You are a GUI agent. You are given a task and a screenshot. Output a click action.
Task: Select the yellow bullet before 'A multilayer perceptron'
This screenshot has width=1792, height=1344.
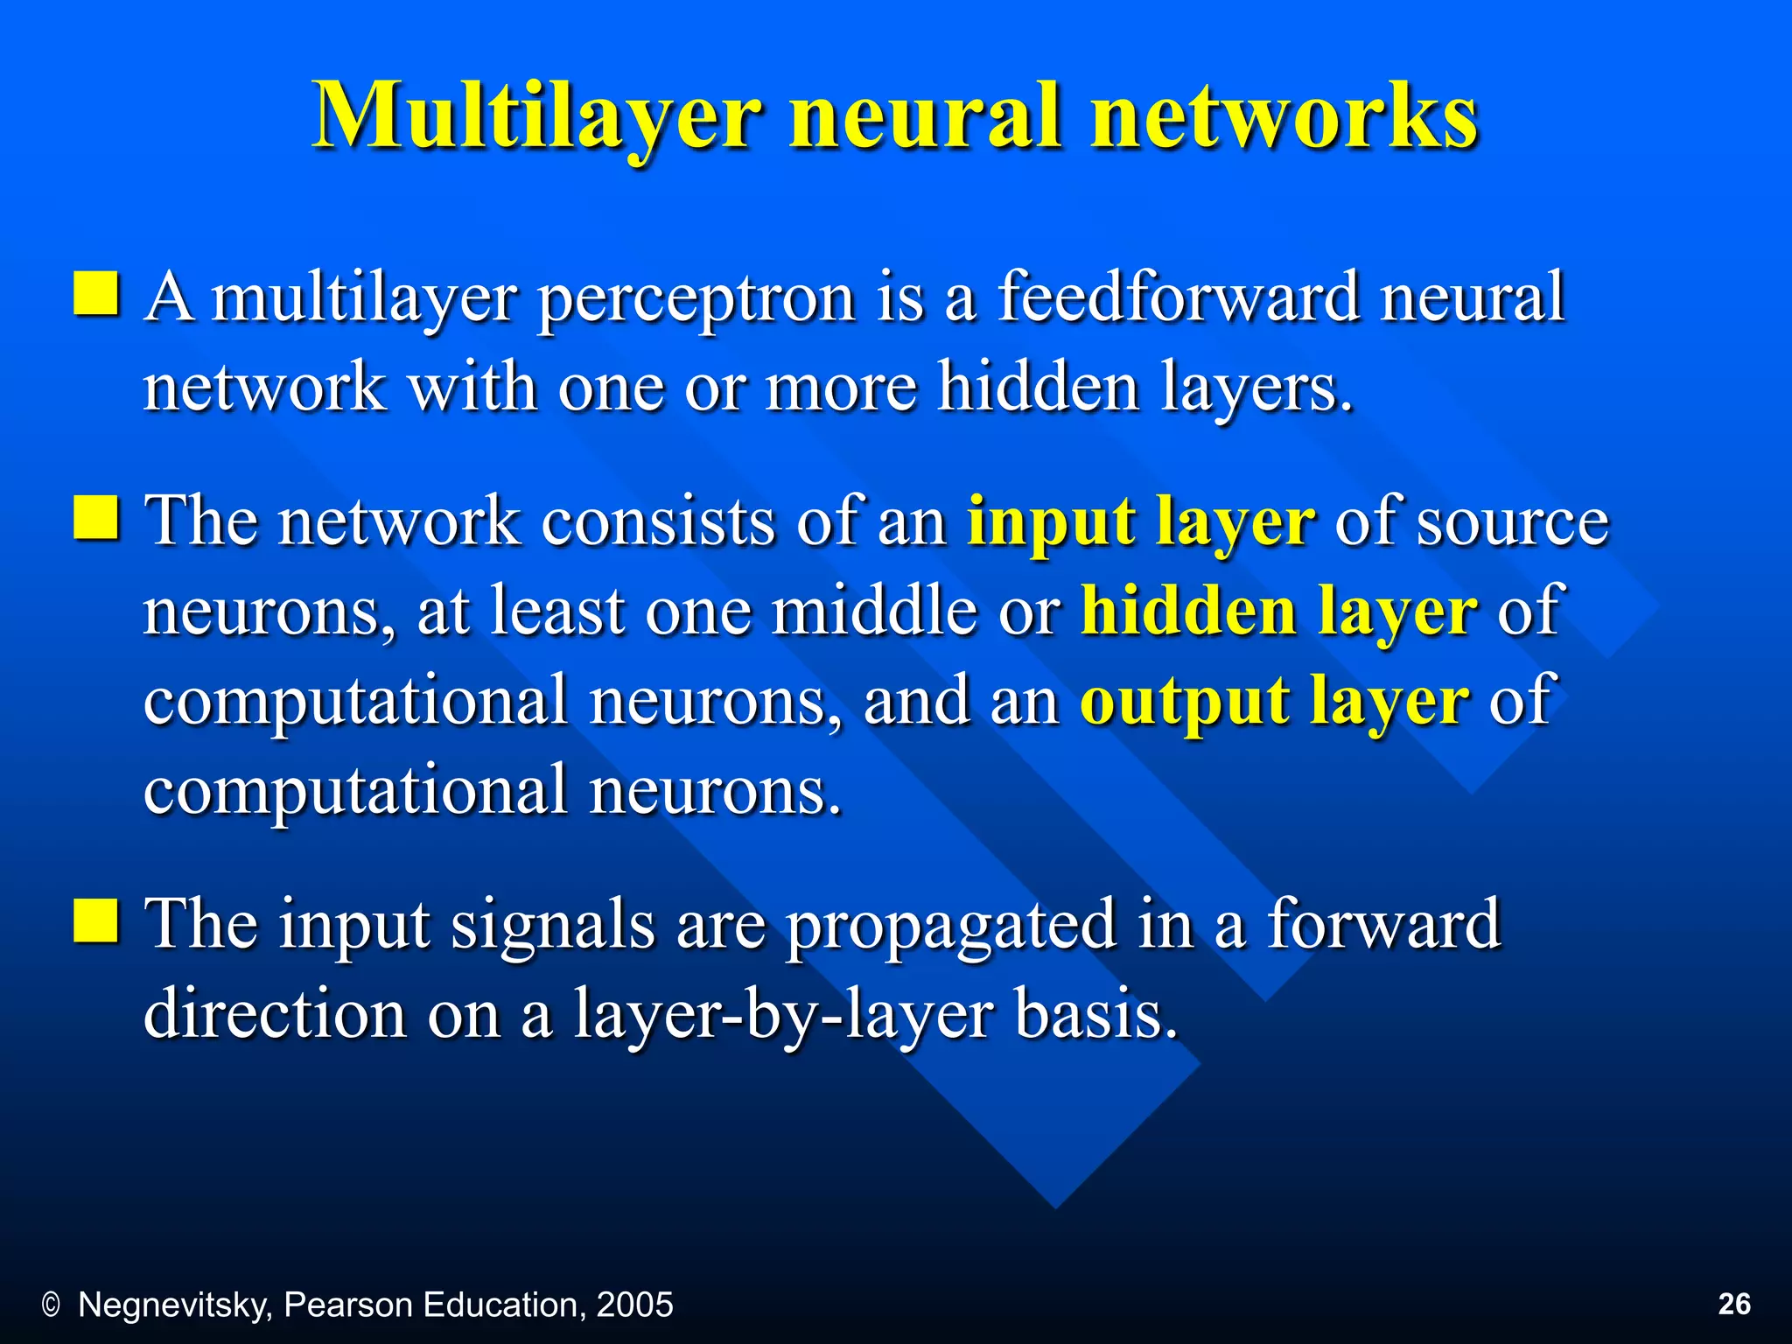96,293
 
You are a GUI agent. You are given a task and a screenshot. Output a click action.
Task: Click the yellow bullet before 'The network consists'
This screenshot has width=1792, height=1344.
96,517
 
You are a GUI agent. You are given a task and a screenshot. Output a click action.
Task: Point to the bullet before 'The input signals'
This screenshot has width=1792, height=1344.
96,920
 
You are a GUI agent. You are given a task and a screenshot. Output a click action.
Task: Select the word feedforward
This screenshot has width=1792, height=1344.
1178,297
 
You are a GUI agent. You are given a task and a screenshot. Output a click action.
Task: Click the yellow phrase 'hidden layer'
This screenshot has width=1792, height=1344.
1278,611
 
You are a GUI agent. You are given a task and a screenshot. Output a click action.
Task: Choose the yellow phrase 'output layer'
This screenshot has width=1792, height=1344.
1274,702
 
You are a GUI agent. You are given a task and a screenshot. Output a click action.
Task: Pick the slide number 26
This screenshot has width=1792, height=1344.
1734,1304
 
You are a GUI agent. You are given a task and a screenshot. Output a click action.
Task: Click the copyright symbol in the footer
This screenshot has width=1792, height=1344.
51,1305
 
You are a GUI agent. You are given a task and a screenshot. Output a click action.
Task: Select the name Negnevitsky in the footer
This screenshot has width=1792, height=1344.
175,1305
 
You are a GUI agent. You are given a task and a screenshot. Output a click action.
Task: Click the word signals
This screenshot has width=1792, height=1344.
552,926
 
